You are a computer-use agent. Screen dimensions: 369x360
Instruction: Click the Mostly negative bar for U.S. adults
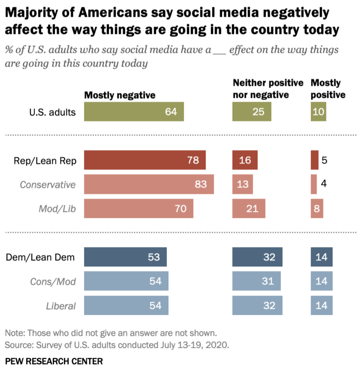click(x=134, y=112)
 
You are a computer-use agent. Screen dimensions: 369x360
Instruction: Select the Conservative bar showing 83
click(x=149, y=184)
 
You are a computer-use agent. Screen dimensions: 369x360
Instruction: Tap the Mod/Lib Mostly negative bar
click(x=139, y=209)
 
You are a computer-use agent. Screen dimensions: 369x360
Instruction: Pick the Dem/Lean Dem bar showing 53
click(x=126, y=257)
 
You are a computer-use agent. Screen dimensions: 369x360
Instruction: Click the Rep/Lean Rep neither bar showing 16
click(x=245, y=160)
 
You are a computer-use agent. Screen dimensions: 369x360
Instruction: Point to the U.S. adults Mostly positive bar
click(x=318, y=112)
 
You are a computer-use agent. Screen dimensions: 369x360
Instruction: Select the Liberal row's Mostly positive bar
click(x=321, y=305)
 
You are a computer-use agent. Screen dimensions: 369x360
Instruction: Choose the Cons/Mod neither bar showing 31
click(x=256, y=281)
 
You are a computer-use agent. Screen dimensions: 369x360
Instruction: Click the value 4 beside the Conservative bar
click(x=324, y=184)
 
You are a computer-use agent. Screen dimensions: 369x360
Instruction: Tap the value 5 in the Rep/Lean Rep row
click(x=324, y=160)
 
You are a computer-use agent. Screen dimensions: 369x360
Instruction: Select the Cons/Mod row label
click(x=53, y=281)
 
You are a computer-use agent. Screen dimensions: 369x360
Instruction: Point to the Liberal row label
click(x=61, y=306)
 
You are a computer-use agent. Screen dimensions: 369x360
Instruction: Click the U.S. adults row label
click(x=52, y=112)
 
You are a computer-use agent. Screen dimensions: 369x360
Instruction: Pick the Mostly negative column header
click(x=120, y=95)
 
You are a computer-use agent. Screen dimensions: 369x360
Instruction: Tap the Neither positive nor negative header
click(x=268, y=88)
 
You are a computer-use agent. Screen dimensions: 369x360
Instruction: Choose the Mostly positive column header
click(x=328, y=88)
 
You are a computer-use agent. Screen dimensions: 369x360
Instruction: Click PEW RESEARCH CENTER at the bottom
click(x=54, y=361)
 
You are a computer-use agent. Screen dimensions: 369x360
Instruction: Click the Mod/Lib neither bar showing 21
click(x=249, y=209)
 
